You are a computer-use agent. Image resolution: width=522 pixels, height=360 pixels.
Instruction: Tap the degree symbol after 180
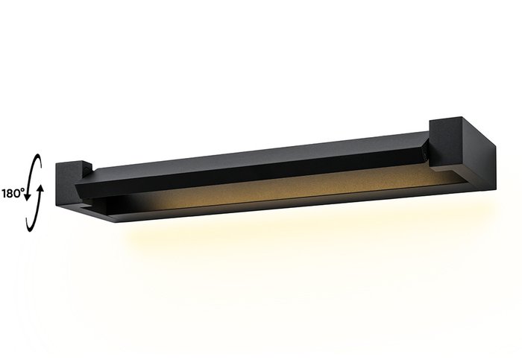click(25, 189)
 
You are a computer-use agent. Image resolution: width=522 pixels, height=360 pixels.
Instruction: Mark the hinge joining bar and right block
click(426, 149)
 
